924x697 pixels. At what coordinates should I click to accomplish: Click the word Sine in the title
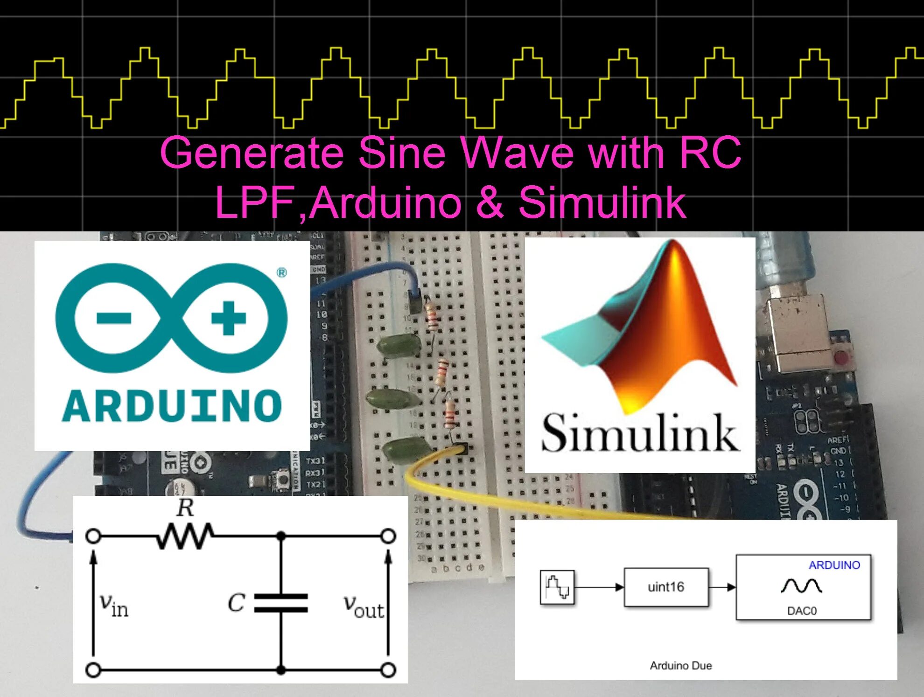pos(402,153)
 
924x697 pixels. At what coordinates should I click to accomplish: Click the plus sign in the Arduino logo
pos(228,319)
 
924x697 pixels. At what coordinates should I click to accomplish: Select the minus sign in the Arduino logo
pos(113,319)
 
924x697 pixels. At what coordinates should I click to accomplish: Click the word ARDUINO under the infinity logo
pos(172,406)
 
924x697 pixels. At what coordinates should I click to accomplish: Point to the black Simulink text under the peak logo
pos(640,432)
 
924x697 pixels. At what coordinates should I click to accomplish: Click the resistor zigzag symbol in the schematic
pos(185,536)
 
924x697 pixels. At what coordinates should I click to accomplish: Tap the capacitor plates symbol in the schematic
pos(281,602)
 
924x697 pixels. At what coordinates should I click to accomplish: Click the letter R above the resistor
pos(185,508)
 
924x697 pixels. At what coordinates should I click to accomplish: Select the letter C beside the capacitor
pos(236,602)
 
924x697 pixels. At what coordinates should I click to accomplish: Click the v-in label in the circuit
pos(113,605)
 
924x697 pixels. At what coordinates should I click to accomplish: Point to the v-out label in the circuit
pos(364,606)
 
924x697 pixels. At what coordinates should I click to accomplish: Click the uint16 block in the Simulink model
pos(666,587)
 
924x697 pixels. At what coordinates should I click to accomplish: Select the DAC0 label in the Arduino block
pos(802,611)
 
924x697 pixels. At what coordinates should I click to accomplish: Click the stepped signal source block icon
pos(557,587)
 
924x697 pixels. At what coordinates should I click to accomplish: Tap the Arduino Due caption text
pos(681,666)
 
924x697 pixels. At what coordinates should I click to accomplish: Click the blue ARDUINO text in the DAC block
pos(834,565)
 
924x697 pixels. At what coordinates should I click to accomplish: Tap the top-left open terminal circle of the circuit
pos(93,536)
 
